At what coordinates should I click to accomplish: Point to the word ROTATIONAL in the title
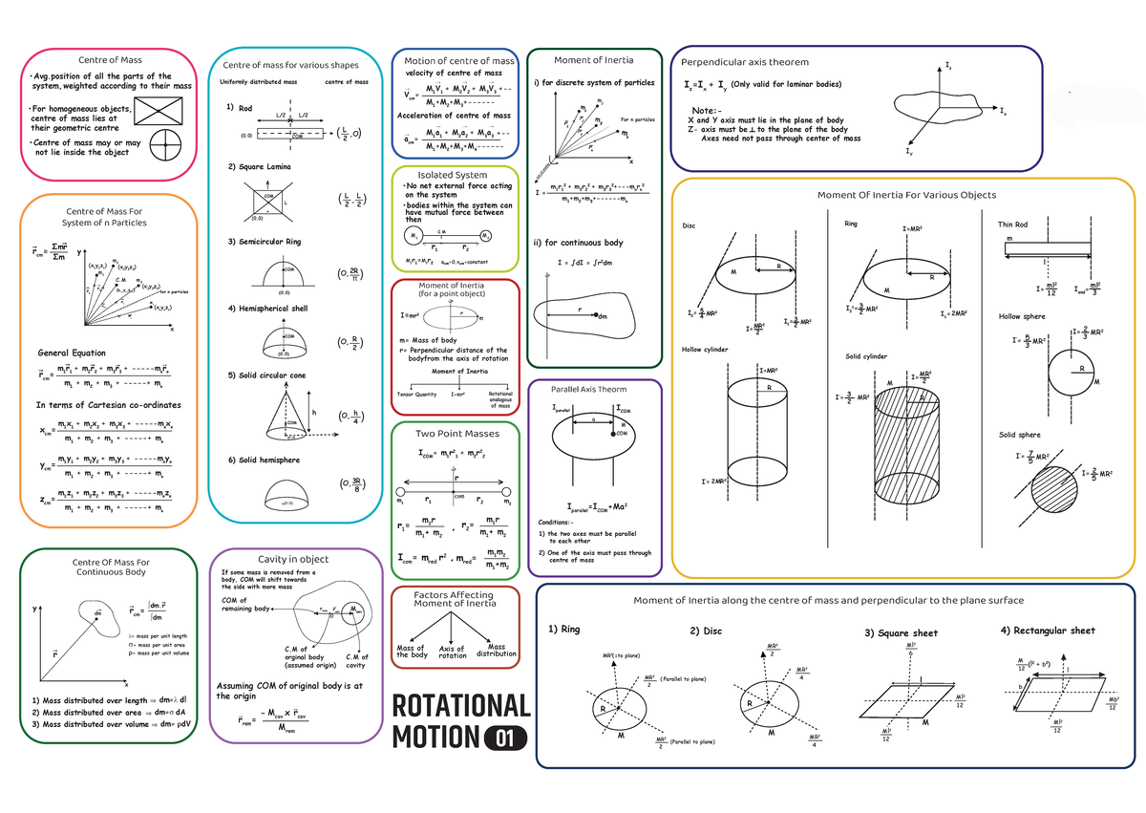click(x=461, y=706)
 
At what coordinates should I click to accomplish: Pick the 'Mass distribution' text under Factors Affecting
click(x=497, y=651)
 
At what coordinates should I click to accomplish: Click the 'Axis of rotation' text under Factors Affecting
click(x=453, y=653)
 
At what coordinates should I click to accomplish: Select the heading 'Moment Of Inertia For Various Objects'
click(x=906, y=195)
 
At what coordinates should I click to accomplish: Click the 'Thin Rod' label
click(x=1013, y=225)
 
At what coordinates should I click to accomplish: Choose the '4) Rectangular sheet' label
click(x=1047, y=631)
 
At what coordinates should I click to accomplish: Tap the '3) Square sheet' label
click(x=901, y=632)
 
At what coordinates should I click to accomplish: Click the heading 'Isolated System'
click(x=453, y=175)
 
